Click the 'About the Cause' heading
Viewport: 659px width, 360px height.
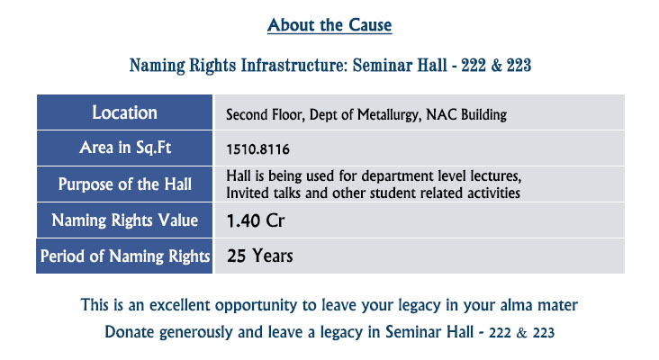click(329, 25)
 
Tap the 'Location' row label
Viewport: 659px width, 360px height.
click(125, 112)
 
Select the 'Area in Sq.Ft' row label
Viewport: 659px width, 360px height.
click(125, 148)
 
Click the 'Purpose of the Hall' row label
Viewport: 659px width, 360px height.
click(125, 184)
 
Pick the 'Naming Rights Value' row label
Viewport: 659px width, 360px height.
click(125, 220)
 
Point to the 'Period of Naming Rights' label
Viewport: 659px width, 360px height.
click(125, 256)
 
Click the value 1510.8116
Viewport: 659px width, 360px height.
click(258, 149)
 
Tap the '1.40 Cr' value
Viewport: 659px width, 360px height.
click(256, 221)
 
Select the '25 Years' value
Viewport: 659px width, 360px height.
click(260, 256)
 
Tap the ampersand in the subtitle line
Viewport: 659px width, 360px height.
click(496, 66)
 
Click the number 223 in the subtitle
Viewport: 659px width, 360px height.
click(519, 66)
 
